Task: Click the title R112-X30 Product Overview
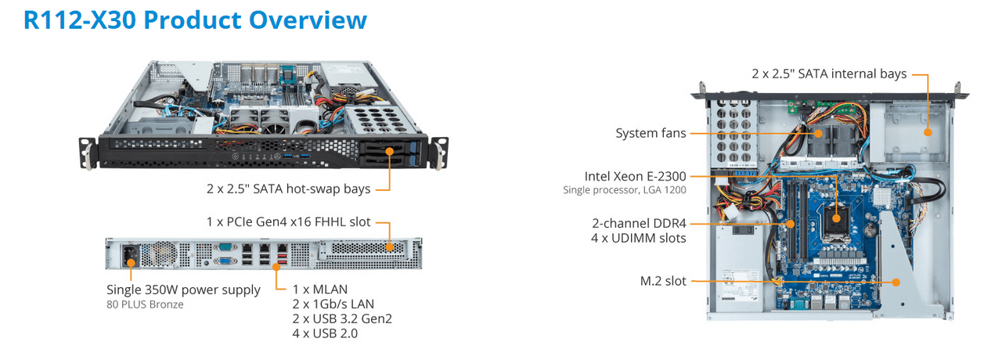(195, 20)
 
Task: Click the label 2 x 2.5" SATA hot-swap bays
(288, 189)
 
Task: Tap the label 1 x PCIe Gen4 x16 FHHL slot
(288, 222)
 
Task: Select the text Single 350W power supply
(183, 290)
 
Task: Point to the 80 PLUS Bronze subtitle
(145, 304)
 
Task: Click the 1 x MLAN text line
(320, 290)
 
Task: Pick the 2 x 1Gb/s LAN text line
(333, 304)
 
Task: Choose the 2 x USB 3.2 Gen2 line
(342, 319)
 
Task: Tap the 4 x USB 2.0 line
(326, 334)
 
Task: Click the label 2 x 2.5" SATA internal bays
(829, 74)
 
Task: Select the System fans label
(651, 133)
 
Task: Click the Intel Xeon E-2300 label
(635, 176)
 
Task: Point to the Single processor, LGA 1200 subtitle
(625, 190)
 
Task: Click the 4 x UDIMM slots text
(639, 238)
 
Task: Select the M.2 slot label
(662, 281)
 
